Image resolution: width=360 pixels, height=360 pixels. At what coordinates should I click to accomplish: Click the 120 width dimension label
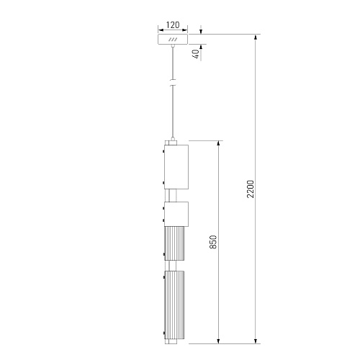click(x=173, y=25)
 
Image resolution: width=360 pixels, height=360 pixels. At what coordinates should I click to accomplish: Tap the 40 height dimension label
click(x=196, y=54)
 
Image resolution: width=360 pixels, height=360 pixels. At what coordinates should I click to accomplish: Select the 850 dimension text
click(x=213, y=242)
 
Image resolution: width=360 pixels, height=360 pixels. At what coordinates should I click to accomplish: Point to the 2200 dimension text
click(x=250, y=189)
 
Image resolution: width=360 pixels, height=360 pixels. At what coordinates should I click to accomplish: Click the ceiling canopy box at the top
click(x=173, y=40)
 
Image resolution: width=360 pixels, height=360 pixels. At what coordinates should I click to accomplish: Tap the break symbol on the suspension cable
click(x=173, y=83)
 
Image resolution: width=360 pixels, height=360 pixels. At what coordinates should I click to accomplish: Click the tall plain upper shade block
click(x=176, y=167)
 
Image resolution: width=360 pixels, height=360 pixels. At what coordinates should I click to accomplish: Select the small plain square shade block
click(x=176, y=214)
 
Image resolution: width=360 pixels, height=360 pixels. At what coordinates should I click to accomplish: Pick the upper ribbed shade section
click(x=174, y=243)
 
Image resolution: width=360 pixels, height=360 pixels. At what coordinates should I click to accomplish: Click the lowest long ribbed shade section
click(x=174, y=305)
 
